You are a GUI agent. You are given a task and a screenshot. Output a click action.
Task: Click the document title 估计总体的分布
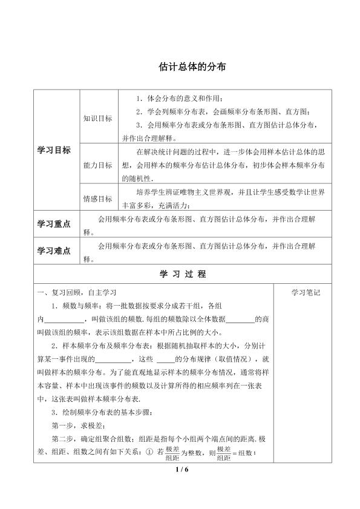179,69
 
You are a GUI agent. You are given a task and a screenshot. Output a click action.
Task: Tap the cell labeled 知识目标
97,119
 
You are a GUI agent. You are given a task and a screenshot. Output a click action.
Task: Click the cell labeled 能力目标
97,165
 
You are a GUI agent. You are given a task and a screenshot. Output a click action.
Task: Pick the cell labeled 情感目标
97,198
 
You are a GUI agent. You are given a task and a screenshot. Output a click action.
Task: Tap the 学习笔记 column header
306,293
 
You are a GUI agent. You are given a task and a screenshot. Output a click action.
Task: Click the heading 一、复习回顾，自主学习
77,293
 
